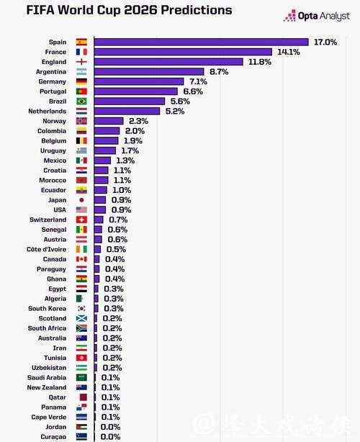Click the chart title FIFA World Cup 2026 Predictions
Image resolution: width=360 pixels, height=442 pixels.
pos(119,11)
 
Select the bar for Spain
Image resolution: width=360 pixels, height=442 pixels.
pos(201,42)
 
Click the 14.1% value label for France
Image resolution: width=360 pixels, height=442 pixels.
pos(289,52)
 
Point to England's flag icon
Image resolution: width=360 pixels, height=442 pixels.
pos(81,62)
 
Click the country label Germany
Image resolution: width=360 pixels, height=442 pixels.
pos(52,82)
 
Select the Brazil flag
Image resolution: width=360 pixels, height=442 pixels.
pos(81,102)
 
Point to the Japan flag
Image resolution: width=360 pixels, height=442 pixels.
pos(81,200)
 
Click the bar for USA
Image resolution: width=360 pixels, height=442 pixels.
pos(100,209)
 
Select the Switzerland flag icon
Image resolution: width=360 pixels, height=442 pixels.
pos(81,220)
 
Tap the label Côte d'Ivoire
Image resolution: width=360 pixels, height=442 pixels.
pos(46,249)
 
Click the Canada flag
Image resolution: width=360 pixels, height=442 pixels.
pos(81,259)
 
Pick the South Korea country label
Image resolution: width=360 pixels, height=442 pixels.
pos(48,308)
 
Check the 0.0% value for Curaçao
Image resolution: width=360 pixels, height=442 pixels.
pos(111,436)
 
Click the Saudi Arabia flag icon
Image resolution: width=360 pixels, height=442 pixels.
pos(81,377)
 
